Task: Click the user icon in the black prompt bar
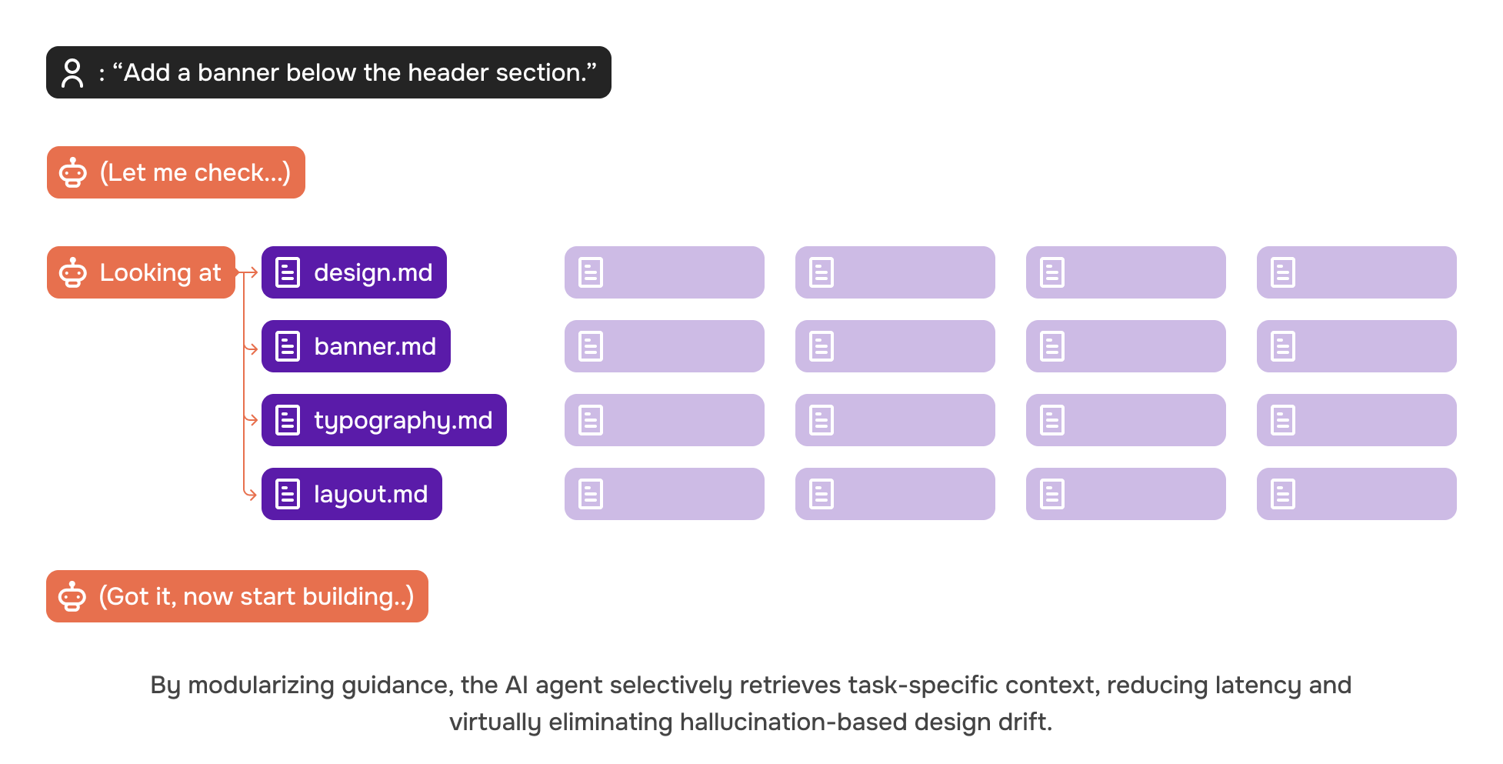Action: pyautogui.click(x=72, y=73)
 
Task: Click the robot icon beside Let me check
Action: pyautogui.click(x=73, y=172)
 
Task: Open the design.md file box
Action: pyautogui.click(x=354, y=272)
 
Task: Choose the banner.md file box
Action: pyautogui.click(x=356, y=346)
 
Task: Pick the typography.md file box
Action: pyautogui.click(x=384, y=420)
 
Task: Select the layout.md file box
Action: pyautogui.click(x=352, y=494)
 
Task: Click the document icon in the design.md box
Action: pyautogui.click(x=288, y=272)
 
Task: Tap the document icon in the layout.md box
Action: pyautogui.click(x=288, y=494)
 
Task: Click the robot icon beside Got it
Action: pyautogui.click(x=72, y=596)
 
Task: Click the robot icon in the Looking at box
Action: pyautogui.click(x=73, y=272)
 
